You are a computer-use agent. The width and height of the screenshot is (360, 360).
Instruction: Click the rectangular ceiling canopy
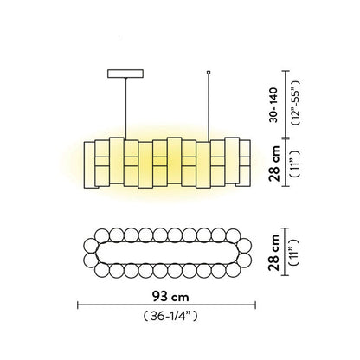click(125, 74)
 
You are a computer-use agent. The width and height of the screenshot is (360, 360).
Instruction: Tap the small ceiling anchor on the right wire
click(209, 72)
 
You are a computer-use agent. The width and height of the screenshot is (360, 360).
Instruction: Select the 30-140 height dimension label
click(273, 105)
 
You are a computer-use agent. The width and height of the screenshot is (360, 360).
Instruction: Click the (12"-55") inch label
click(295, 102)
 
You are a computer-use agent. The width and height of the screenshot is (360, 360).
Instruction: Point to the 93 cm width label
click(170, 296)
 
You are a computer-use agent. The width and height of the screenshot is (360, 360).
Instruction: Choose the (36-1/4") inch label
click(170, 316)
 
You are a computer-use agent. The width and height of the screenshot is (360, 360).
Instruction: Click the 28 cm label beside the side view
click(274, 164)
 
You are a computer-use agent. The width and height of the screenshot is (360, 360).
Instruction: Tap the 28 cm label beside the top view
click(274, 253)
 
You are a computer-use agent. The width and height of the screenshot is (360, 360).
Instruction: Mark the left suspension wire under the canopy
click(125, 109)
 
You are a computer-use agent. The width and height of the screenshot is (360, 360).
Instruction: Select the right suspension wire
click(209, 108)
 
